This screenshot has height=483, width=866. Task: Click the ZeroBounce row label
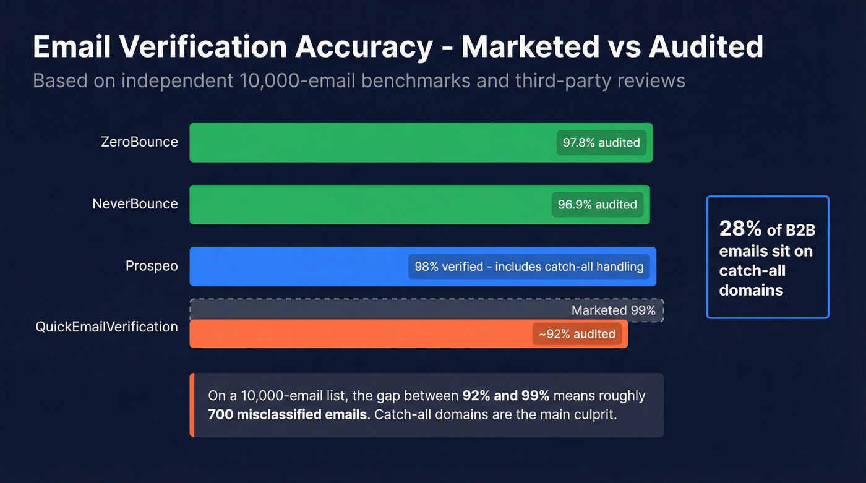point(139,142)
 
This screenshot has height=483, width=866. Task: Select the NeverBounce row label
point(135,204)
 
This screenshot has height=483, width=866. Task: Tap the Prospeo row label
point(152,267)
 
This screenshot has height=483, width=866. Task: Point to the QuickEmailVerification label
point(106,327)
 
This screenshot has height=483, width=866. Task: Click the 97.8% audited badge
point(601,143)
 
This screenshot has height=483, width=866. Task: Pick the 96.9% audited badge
point(597,205)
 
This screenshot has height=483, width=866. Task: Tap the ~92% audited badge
point(577,334)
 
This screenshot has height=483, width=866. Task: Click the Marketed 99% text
point(613,310)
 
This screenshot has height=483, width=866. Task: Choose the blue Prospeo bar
point(297,267)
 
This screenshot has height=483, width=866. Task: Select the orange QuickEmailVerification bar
point(359,334)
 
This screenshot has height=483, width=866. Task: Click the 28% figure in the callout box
point(740,229)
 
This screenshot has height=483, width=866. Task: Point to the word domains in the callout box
point(751,290)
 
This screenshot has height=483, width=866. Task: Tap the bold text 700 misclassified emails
point(288,414)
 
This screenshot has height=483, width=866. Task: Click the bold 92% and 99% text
point(505,396)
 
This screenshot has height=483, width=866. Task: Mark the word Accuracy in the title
point(363,48)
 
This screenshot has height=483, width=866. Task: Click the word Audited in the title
point(706,48)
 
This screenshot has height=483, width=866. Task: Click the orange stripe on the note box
point(192,405)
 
